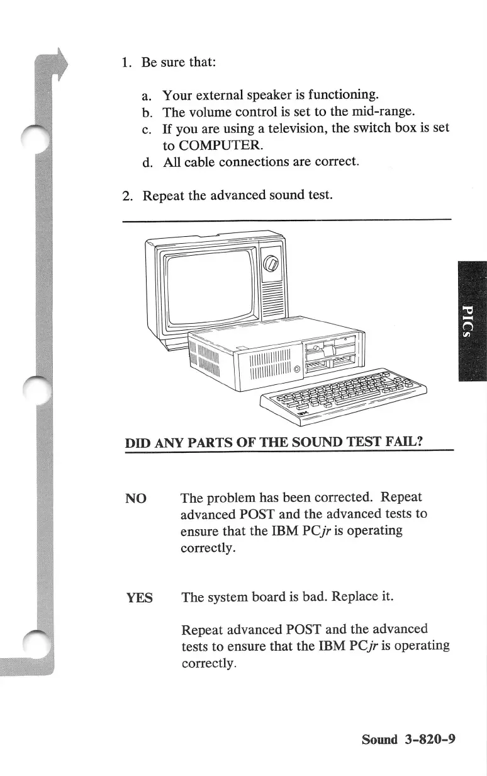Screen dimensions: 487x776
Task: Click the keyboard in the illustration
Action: coord(343,396)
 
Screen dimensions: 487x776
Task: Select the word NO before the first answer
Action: coord(137,499)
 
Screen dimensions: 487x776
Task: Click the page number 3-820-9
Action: coord(430,739)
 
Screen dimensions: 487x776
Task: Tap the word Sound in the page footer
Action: coord(380,739)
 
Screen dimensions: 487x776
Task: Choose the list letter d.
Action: coord(147,162)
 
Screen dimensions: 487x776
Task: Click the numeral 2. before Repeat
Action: coord(127,195)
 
